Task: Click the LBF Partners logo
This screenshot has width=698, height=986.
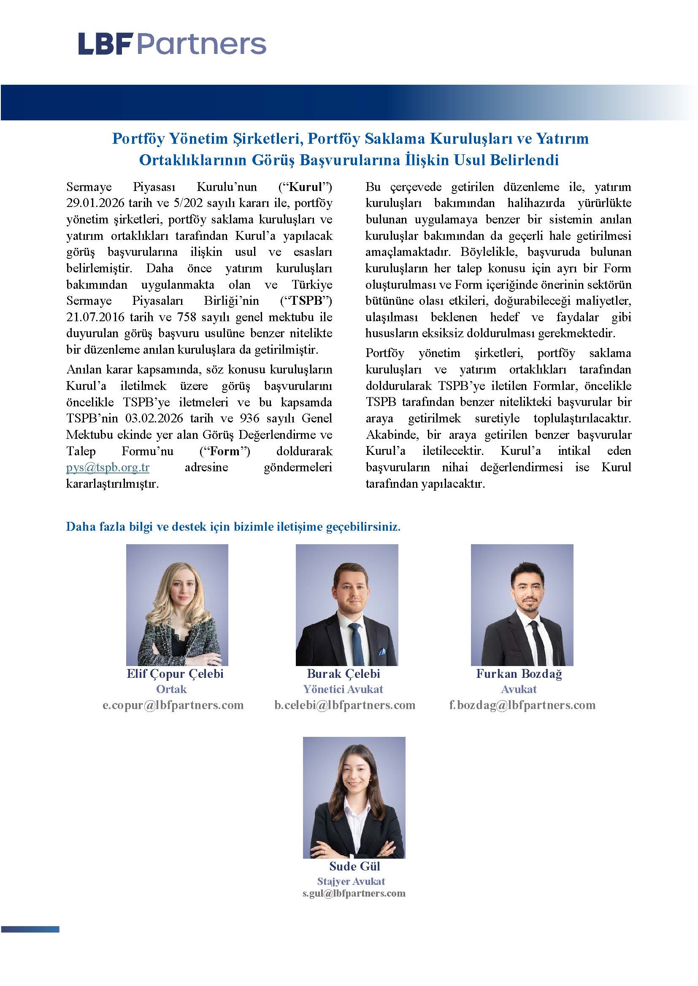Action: (172, 44)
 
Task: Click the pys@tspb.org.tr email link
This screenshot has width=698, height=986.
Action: (108, 467)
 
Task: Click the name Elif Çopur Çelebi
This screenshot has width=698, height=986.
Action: (175, 673)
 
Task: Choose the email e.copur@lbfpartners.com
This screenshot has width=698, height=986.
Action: (173, 705)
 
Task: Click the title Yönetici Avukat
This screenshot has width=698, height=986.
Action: (343, 689)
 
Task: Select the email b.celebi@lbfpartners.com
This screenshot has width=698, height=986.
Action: (345, 705)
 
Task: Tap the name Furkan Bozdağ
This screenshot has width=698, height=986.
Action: (519, 673)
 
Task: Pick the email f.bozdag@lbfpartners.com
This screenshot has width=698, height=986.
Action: (522, 705)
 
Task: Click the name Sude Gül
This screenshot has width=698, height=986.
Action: (354, 866)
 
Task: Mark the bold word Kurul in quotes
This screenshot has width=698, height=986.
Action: (306, 187)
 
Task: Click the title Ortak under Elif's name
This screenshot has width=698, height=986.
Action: (171, 689)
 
